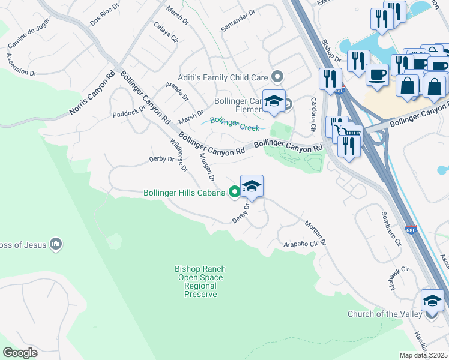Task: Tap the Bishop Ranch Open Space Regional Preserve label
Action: coord(199,282)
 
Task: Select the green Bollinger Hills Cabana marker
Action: coord(235,193)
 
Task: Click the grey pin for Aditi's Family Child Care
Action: coord(277,76)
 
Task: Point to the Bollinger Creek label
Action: coord(234,124)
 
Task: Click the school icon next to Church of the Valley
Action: coord(432,300)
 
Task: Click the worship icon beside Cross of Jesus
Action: coord(56,244)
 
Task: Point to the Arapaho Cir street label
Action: coord(300,244)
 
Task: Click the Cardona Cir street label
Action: coord(312,115)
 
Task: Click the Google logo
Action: coord(20,352)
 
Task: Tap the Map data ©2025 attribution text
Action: coord(423,355)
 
